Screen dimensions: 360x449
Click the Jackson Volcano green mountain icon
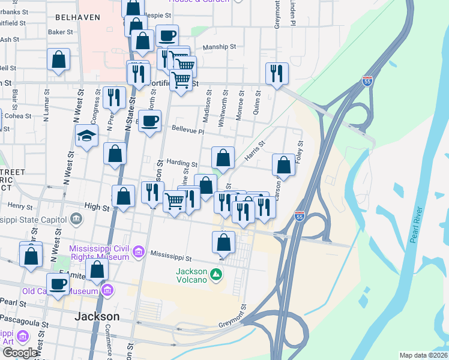coord(216,275)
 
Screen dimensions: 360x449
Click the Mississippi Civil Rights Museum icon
coord(139,252)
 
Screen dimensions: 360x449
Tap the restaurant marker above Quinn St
coord(277,74)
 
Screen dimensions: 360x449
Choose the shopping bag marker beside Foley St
coord(283,165)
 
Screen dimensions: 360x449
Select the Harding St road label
coord(182,163)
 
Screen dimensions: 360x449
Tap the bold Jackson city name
coord(96,316)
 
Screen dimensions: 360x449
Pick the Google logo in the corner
coord(20,353)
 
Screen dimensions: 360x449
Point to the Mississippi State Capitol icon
coord(76,220)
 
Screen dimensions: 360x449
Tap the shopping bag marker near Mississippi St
coord(223,242)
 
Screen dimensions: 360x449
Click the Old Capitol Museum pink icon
coord(107,292)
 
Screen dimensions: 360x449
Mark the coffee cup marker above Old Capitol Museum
coord(58,284)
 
